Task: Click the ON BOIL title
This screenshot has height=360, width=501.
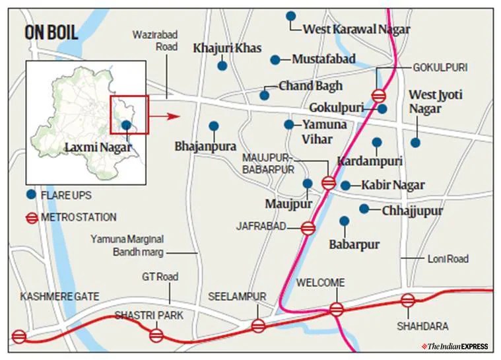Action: pyautogui.click(x=51, y=32)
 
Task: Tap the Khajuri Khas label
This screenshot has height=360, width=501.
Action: pyautogui.click(x=227, y=48)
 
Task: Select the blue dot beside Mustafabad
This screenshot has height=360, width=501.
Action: pyautogui.click(x=275, y=60)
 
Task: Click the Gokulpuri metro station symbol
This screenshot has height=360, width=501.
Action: pyautogui.click(x=379, y=95)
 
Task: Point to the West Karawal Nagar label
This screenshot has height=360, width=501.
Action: pyautogui.click(x=356, y=29)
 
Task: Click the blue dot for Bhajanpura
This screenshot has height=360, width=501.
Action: pyautogui.click(x=213, y=126)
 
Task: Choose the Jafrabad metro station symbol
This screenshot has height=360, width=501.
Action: pyautogui.click(x=308, y=229)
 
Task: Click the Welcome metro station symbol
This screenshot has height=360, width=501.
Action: pyautogui.click(x=337, y=308)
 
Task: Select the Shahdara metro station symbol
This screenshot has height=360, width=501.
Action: pyautogui.click(x=408, y=301)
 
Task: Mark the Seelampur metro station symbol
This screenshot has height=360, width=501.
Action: pyautogui.click(x=258, y=326)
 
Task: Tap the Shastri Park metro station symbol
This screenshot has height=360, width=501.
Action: pyautogui.click(x=156, y=335)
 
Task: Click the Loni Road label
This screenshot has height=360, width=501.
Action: pyautogui.click(x=448, y=259)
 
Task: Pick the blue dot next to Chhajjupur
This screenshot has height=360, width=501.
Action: pyautogui.click(x=364, y=209)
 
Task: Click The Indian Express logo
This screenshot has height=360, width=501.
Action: pyautogui.click(x=457, y=346)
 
